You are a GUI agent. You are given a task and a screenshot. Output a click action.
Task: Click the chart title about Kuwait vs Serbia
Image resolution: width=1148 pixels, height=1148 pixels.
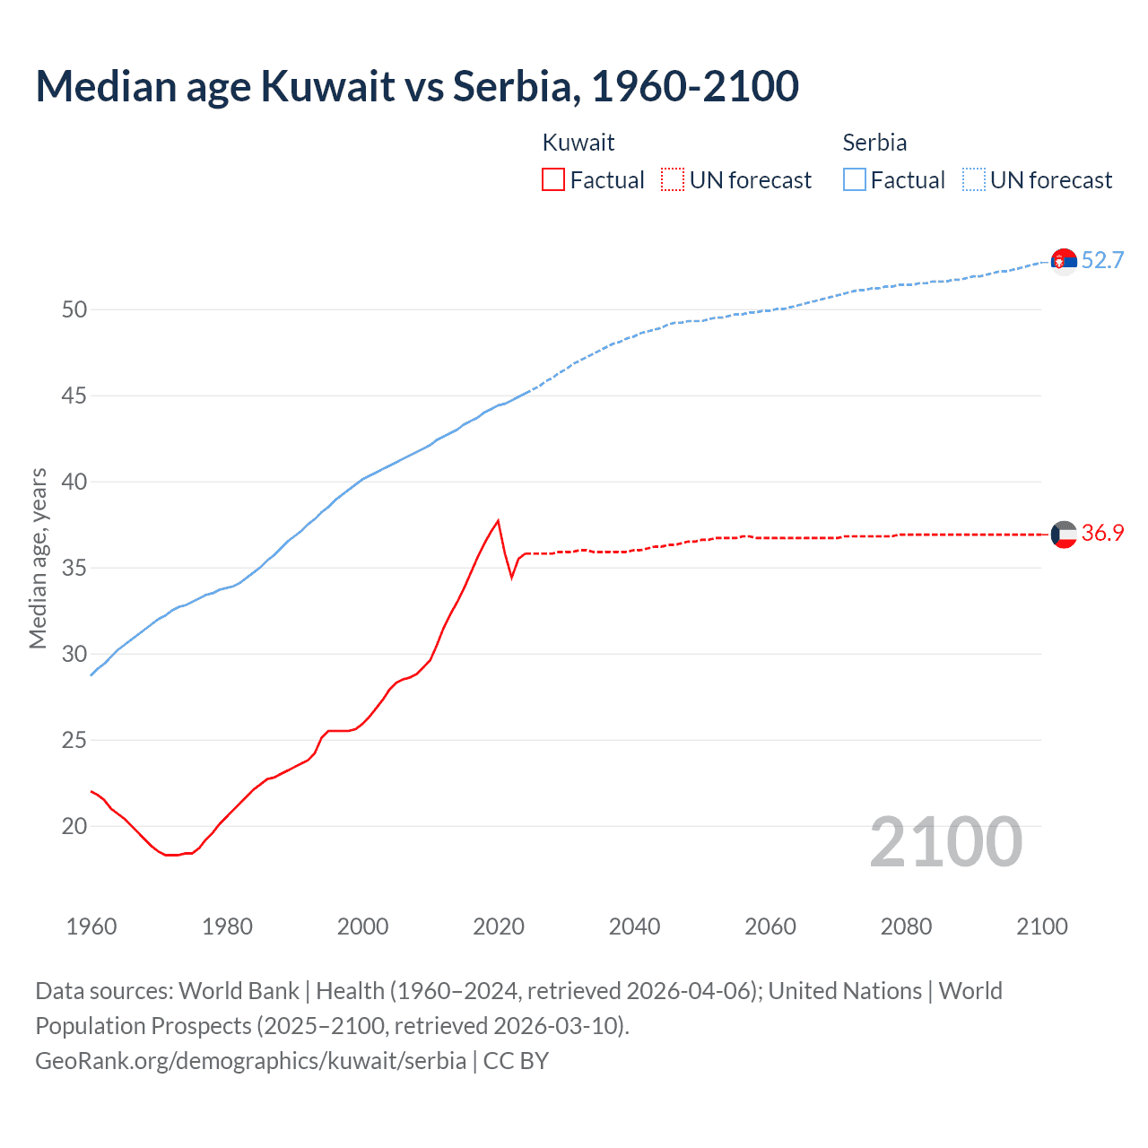coord(417,87)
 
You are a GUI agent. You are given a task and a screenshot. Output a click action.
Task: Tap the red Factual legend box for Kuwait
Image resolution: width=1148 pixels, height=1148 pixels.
coord(553,179)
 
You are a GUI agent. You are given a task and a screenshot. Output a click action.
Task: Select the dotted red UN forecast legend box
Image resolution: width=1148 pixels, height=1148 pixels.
coord(673,179)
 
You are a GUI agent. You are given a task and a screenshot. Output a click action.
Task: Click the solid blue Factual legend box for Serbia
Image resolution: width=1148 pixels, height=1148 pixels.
coord(855,179)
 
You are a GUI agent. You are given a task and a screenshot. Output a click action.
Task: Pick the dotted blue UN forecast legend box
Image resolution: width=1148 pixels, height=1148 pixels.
coord(973,179)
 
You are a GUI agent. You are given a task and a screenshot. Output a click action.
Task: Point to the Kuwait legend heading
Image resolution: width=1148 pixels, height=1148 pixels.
coord(578,143)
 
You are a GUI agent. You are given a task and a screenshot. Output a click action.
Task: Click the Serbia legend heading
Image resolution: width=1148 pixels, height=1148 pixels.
coord(874,143)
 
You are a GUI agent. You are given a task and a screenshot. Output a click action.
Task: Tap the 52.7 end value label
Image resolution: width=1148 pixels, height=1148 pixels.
coord(1102,260)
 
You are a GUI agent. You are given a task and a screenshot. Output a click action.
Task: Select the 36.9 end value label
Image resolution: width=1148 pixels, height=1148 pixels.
coord(1102,533)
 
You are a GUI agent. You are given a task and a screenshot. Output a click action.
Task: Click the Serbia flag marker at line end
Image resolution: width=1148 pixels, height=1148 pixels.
coord(1064,261)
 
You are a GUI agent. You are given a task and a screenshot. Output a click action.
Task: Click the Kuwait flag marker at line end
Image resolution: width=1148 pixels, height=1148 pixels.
coord(1064,534)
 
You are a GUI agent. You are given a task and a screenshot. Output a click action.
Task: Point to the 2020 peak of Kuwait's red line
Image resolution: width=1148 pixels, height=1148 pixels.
coord(498,521)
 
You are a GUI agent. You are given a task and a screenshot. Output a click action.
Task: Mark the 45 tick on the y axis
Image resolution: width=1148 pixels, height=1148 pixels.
coord(74,396)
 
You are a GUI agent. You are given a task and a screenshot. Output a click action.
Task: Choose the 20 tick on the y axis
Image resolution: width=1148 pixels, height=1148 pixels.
coord(74,826)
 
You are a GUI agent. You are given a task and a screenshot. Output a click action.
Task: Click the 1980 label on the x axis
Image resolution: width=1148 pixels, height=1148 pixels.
coord(227,926)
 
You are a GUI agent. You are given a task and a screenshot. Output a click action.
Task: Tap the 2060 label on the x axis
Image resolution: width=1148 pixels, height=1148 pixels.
coord(770,926)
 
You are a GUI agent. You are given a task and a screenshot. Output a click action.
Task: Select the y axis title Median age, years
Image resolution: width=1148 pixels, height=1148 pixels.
coord(38,558)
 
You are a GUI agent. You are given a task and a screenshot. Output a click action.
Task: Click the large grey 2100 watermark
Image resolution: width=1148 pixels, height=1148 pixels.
coord(946,841)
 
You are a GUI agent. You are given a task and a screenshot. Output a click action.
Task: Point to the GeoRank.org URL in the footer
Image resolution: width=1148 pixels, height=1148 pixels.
coord(250,1060)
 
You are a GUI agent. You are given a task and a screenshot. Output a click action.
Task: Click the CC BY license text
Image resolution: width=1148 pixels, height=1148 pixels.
coord(516,1060)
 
